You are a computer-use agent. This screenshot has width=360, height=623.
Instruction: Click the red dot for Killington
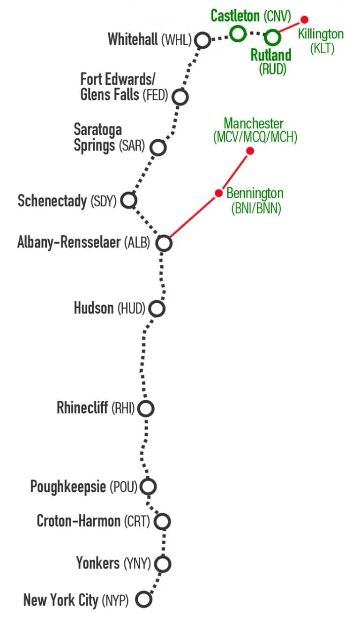304,20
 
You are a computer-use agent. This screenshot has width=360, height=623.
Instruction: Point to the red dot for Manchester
250,151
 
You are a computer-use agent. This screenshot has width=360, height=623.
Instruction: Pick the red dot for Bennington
219,193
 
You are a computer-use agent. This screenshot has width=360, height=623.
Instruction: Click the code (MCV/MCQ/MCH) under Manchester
255,137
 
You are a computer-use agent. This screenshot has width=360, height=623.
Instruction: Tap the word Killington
321,34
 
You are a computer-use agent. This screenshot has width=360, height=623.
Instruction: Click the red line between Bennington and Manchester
234,172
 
